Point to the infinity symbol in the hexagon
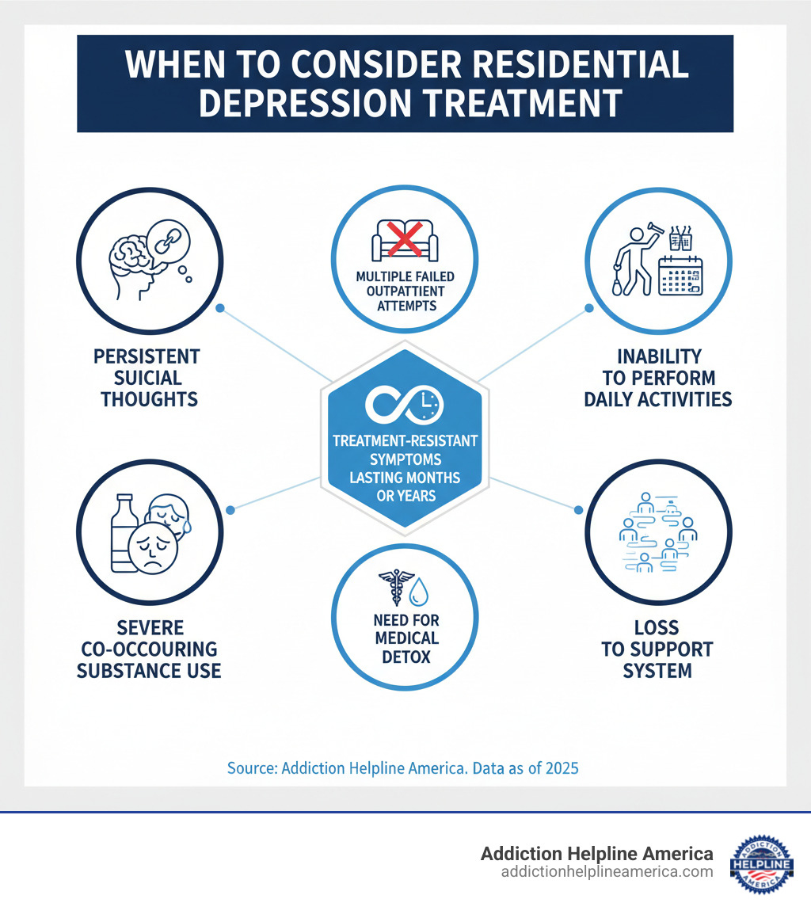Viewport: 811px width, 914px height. pos(394,405)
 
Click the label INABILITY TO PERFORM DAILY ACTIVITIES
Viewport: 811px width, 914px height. pos(657,378)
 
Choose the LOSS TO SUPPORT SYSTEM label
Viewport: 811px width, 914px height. pos(657,649)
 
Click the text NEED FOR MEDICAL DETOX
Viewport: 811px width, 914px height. pos(405,638)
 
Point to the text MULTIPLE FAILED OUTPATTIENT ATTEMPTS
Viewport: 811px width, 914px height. pos(405,290)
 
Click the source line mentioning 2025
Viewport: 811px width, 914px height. pos(402,767)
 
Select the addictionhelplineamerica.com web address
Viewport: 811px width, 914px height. pos(607,872)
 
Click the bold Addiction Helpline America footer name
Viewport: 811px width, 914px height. pos(596,854)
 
